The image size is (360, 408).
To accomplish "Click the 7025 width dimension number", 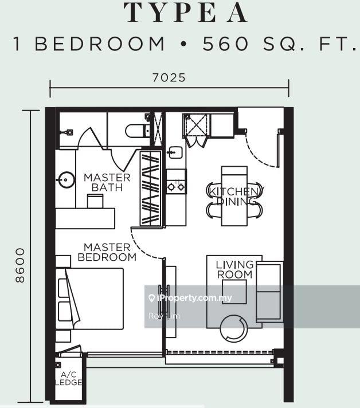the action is (x=169, y=77).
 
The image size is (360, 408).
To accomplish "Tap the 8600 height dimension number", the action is (x=20, y=265).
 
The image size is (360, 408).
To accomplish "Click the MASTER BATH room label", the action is (x=107, y=182).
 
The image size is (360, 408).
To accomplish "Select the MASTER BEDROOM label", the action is (x=107, y=252).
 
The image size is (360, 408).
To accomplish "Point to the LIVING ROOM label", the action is (x=235, y=269).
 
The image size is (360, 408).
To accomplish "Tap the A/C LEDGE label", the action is (x=69, y=378).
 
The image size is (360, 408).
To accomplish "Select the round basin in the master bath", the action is (x=66, y=179).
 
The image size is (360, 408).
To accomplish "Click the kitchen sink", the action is (x=176, y=152).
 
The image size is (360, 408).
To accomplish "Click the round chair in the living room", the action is (x=234, y=328).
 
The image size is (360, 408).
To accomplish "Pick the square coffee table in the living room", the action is (x=234, y=292).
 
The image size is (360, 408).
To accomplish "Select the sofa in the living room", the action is (x=269, y=292).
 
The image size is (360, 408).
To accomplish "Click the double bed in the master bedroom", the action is (x=89, y=299).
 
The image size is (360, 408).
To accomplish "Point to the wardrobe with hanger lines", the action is (x=150, y=189).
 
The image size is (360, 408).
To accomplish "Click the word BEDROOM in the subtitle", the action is (x=100, y=44).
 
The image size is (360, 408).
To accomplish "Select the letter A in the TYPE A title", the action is (x=237, y=13).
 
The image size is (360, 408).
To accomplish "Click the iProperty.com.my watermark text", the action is (x=194, y=298).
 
